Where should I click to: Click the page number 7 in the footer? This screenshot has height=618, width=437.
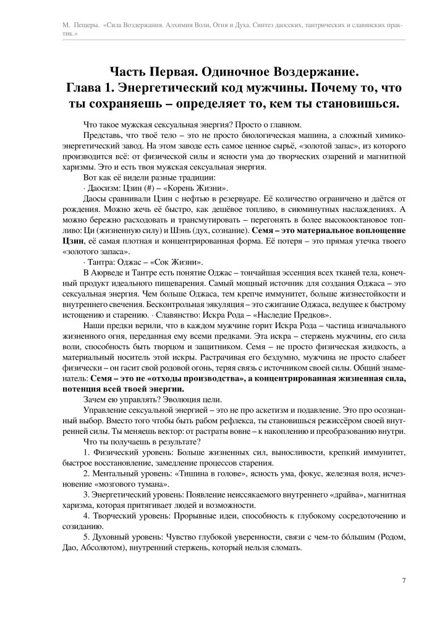coord(403,580)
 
